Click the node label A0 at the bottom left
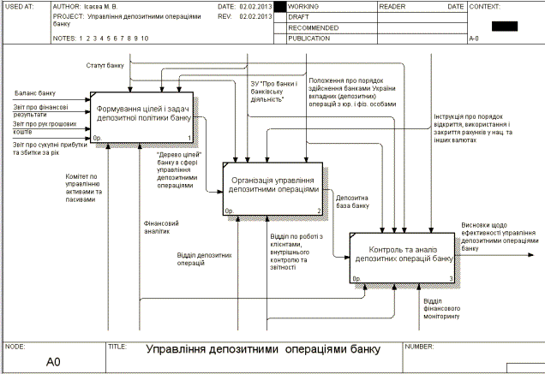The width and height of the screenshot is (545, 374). [x=53, y=362]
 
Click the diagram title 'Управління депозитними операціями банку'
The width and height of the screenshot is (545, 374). [x=261, y=350]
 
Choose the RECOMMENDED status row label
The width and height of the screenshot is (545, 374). [x=313, y=28]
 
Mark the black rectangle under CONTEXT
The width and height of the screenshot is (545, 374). [x=504, y=26]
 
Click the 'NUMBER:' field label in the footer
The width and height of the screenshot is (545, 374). [x=419, y=346]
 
